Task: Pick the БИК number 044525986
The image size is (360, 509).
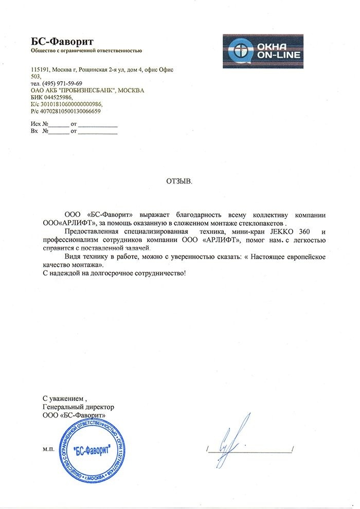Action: [57, 97]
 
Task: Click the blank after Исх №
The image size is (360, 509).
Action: [59, 125]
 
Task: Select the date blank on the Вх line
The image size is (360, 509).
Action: [98, 132]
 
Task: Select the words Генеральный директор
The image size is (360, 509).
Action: [78, 407]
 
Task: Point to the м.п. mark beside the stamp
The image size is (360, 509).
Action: [49, 449]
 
